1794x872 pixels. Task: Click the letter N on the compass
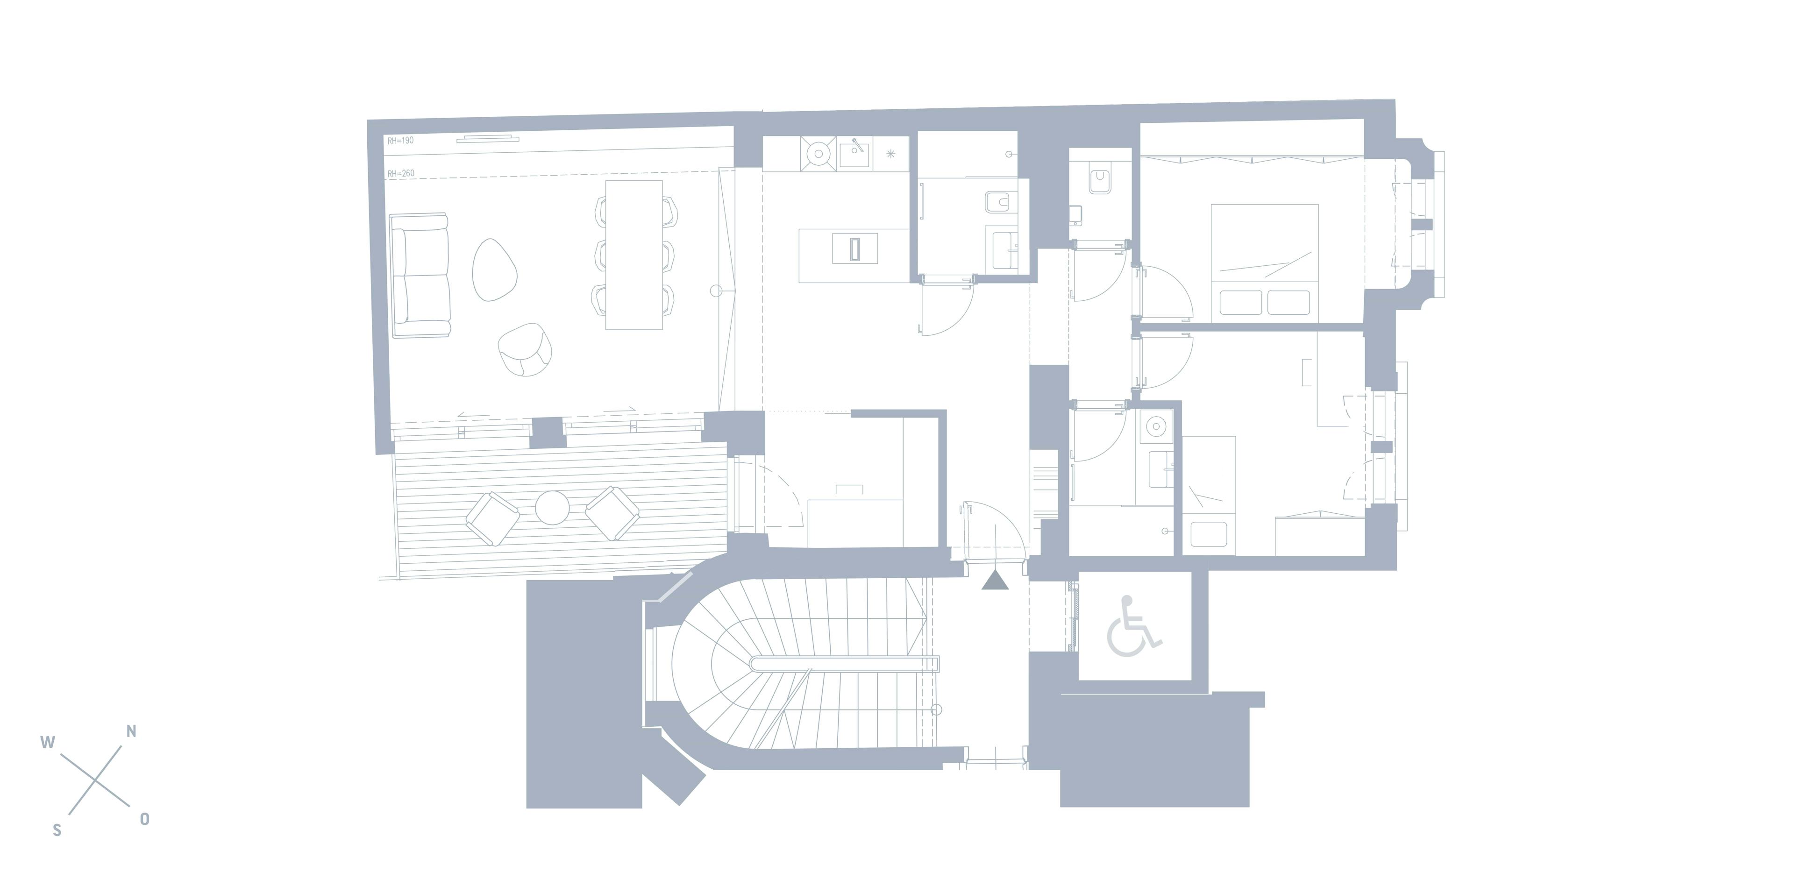coord(131,731)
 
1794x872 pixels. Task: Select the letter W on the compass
coord(47,742)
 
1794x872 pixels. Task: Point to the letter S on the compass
coord(57,830)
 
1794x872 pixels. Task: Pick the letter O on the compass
coord(144,819)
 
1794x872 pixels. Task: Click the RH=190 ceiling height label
coord(400,141)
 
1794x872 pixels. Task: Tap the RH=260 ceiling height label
coord(400,173)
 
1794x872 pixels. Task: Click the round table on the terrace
coord(552,507)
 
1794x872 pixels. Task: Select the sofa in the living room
coord(419,276)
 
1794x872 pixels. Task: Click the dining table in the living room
coord(634,255)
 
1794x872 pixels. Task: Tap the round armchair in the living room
coord(526,350)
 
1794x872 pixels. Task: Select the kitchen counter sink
coord(854,153)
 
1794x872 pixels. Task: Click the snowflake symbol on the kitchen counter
coord(890,154)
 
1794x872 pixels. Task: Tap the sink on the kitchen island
coord(854,248)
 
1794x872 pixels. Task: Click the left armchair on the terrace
coord(492,518)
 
